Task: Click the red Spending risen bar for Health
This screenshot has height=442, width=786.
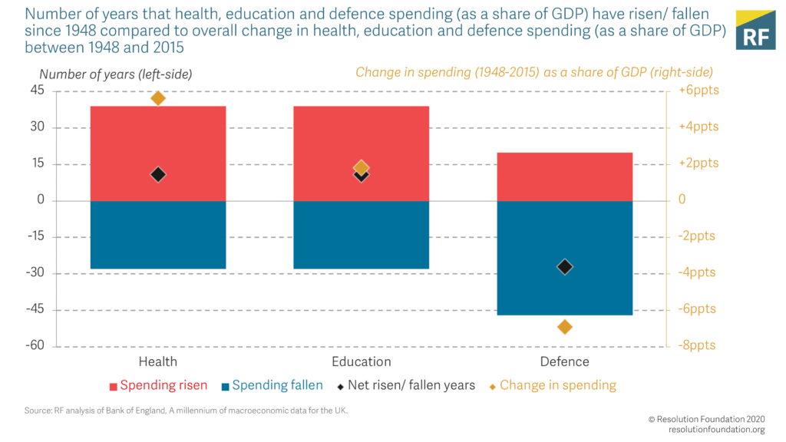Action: coord(158,138)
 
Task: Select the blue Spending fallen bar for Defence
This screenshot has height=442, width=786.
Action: coord(565,292)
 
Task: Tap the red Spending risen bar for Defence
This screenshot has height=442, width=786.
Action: coord(565,176)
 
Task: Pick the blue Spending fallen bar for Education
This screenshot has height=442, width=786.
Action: coord(362,235)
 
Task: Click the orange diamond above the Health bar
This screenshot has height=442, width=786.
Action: coord(158,98)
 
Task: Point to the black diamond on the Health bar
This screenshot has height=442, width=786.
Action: coord(158,175)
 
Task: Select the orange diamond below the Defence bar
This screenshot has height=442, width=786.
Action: coord(565,327)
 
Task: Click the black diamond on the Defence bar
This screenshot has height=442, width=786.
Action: coord(565,267)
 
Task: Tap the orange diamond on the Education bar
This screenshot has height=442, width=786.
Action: coord(362,167)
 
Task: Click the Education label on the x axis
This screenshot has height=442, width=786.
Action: coord(362,362)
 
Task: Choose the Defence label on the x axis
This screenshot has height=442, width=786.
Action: coord(565,362)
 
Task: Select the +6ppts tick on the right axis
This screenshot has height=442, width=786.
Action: coord(697,91)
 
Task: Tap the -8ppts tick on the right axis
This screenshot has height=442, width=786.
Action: coord(697,346)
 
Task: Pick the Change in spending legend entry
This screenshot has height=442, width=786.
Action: coord(551,385)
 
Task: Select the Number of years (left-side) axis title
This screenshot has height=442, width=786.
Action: coord(115,74)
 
